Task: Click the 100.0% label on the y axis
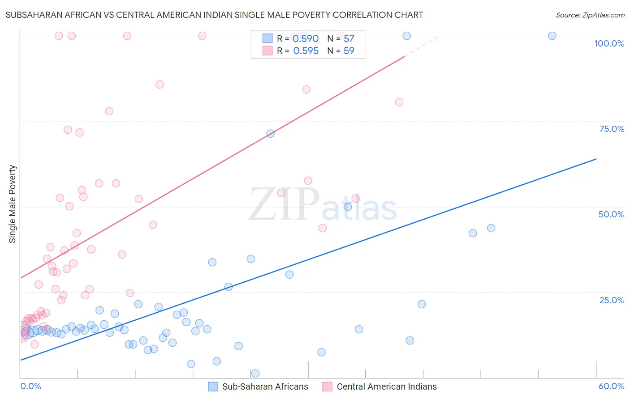(x=609, y=43)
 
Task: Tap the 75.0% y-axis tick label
(x=612, y=129)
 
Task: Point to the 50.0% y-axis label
(x=611, y=214)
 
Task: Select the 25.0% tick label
(x=612, y=300)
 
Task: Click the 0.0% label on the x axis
(x=30, y=386)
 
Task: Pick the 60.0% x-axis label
(x=611, y=386)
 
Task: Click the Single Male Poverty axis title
(x=13, y=204)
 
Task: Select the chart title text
(x=214, y=15)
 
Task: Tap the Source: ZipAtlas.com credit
(x=590, y=15)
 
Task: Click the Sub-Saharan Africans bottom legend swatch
(x=213, y=386)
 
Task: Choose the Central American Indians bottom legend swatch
(x=328, y=386)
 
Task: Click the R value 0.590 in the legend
(x=306, y=39)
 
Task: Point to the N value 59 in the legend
(x=349, y=51)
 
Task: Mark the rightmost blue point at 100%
(x=552, y=36)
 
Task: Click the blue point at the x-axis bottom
(x=255, y=374)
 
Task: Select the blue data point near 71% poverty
(x=271, y=133)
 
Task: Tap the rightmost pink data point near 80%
(x=399, y=102)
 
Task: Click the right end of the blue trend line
(x=596, y=159)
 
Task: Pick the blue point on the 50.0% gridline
(x=348, y=207)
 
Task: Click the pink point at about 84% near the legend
(x=306, y=89)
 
